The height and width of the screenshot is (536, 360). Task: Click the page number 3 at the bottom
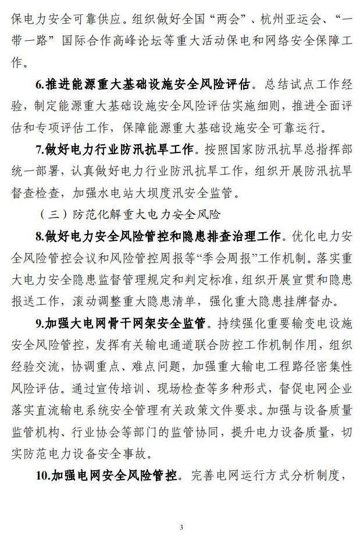point(181,527)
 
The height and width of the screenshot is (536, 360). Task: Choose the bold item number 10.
point(42,475)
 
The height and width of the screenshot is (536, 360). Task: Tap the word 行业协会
point(114,431)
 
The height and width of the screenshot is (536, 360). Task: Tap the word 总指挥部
point(323,150)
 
